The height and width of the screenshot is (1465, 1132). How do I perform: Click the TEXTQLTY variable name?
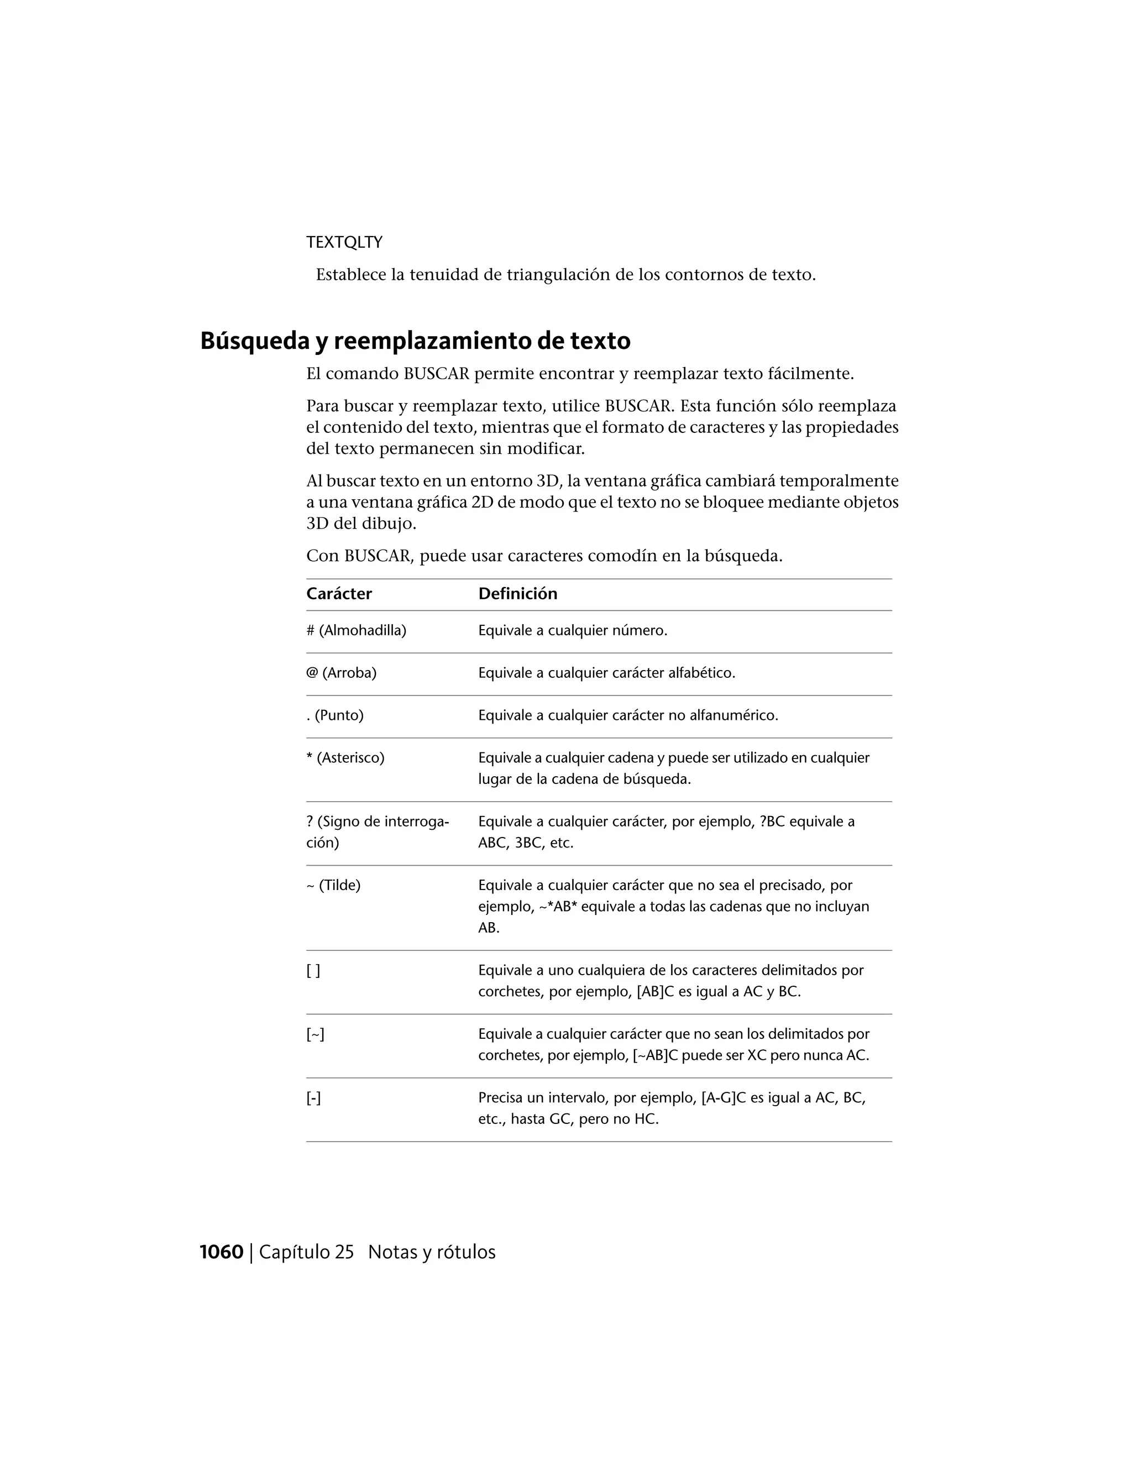(x=344, y=242)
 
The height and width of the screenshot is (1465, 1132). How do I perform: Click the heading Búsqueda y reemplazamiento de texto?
(x=415, y=341)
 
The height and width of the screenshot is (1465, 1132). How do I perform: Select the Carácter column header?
(x=339, y=594)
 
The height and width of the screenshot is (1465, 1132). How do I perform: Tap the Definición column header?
(x=518, y=594)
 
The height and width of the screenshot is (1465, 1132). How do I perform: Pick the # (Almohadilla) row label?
(x=356, y=631)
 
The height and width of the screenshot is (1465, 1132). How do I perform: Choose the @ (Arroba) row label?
(x=342, y=673)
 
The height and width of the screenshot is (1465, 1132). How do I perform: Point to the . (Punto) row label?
(x=334, y=715)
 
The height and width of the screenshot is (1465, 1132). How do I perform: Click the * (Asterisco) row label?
(x=345, y=758)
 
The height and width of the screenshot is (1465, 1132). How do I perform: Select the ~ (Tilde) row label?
(x=333, y=886)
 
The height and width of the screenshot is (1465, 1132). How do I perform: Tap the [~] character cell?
(x=315, y=1034)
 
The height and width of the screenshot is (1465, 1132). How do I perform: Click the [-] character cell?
(x=314, y=1098)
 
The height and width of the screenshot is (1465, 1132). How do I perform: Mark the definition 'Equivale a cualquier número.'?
(x=573, y=631)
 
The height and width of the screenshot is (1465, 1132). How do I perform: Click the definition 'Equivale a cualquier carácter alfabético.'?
(x=606, y=673)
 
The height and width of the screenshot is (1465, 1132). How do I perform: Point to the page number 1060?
(x=221, y=1252)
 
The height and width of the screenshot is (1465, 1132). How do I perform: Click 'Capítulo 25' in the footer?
(x=306, y=1252)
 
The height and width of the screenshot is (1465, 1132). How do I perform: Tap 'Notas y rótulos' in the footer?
(x=432, y=1252)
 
